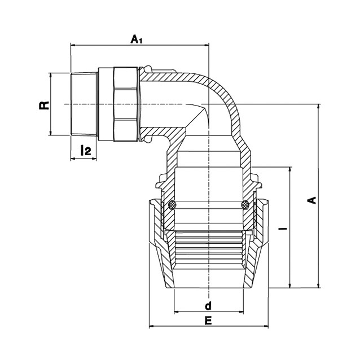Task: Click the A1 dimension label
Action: click(x=137, y=39)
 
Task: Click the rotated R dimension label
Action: click(x=45, y=105)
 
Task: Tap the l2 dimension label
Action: click(x=86, y=150)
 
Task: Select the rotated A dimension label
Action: click(x=311, y=200)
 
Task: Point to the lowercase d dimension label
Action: click(x=208, y=306)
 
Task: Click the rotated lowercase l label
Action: click(x=285, y=229)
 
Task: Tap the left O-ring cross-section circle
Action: click(x=173, y=205)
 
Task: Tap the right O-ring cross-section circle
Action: click(x=245, y=205)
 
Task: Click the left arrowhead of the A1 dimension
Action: click(x=73, y=45)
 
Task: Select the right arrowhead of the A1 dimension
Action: click(x=207, y=45)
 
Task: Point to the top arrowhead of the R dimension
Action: click(x=50, y=75)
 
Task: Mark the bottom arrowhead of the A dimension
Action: click(x=318, y=285)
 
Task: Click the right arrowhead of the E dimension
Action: click(x=266, y=326)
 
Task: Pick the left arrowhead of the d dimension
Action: click(x=177, y=312)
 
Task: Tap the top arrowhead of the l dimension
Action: click(x=290, y=170)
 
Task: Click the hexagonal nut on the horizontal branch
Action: click(x=125, y=104)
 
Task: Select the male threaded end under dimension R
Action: click(x=84, y=104)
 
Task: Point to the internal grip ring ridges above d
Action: click(x=208, y=250)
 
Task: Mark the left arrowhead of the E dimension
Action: click(x=152, y=326)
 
